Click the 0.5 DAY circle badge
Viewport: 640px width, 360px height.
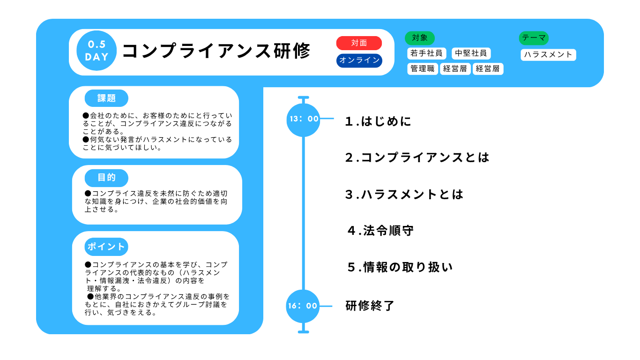point(97,51)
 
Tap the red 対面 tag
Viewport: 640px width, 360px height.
point(359,43)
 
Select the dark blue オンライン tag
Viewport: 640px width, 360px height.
point(359,60)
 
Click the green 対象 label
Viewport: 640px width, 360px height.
point(419,38)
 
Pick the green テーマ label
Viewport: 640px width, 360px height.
point(534,38)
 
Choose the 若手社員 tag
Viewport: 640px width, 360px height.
point(426,53)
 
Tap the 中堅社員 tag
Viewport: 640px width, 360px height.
point(471,53)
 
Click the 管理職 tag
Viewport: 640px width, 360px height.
point(423,68)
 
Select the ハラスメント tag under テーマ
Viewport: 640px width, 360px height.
point(548,55)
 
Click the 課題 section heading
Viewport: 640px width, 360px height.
point(106,98)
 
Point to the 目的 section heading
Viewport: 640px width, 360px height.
point(106,178)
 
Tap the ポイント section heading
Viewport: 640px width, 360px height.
point(106,247)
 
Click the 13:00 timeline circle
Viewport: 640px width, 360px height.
point(304,120)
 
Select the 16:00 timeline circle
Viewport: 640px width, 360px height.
point(303,306)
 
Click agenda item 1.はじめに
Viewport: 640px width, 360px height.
point(378,121)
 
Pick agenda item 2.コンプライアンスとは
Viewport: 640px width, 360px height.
point(417,157)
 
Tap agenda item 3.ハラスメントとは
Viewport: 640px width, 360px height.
point(404,195)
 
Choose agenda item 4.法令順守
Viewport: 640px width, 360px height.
point(380,231)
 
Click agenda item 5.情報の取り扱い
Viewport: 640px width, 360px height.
point(400,267)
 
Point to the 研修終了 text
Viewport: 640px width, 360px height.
point(370,306)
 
